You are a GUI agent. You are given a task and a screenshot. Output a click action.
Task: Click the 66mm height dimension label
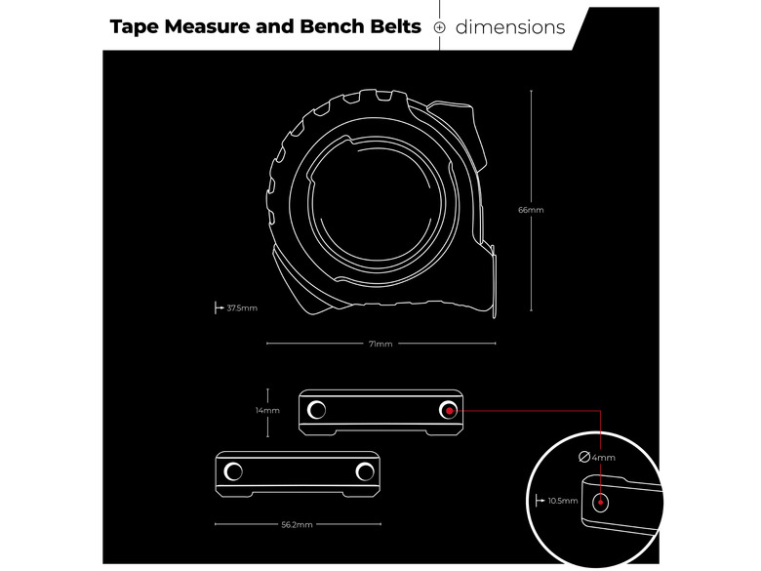[x=531, y=210]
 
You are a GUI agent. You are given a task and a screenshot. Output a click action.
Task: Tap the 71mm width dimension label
[x=380, y=344]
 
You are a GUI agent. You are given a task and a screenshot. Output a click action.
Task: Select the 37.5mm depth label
[x=242, y=307]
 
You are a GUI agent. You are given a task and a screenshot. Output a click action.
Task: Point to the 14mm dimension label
[x=267, y=410]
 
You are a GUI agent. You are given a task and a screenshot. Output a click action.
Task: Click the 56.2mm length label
[x=297, y=524]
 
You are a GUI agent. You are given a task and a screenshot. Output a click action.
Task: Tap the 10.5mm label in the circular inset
[x=563, y=501]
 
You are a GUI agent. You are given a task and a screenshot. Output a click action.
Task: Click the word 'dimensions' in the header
[x=510, y=27]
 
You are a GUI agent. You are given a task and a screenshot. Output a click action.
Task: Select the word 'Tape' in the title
[x=135, y=27]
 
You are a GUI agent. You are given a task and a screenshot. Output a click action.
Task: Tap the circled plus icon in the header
[x=439, y=27]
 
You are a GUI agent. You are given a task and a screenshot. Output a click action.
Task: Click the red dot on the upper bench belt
[x=450, y=411]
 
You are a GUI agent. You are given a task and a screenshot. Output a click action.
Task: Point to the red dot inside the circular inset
[x=600, y=502]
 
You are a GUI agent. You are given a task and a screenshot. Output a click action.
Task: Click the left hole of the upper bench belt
[x=316, y=410]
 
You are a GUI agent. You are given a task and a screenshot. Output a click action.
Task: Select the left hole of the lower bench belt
[x=233, y=471]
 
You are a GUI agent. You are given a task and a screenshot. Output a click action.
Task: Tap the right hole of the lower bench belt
[x=365, y=471]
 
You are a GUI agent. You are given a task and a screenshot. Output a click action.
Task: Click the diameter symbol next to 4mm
[x=584, y=457]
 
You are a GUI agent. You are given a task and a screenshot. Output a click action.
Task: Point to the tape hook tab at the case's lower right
[x=494, y=282]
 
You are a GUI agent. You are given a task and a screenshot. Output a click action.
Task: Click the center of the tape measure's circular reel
[x=377, y=204]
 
